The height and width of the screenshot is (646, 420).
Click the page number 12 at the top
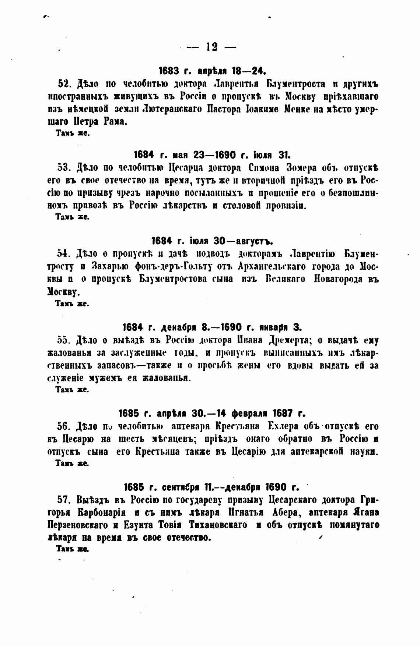click(x=212, y=47)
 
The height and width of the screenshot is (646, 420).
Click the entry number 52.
click(x=64, y=84)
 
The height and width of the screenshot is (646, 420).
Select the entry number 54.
click(x=64, y=253)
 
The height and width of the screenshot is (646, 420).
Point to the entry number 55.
click(x=64, y=340)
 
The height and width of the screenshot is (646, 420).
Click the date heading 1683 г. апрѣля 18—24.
click(x=212, y=70)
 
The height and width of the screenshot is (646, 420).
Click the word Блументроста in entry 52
click(x=296, y=84)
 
